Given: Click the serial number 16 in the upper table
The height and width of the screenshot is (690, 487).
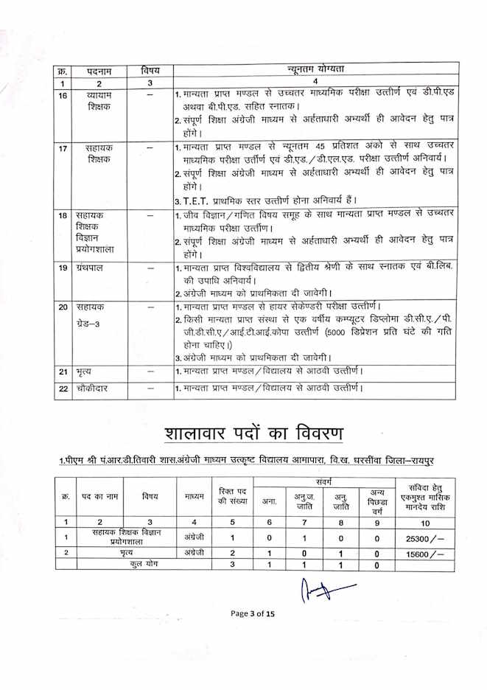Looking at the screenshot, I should [x=63, y=97].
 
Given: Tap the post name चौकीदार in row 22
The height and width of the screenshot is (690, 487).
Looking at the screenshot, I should [x=93, y=388].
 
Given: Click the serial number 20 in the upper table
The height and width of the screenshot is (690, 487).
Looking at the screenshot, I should [x=63, y=307].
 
